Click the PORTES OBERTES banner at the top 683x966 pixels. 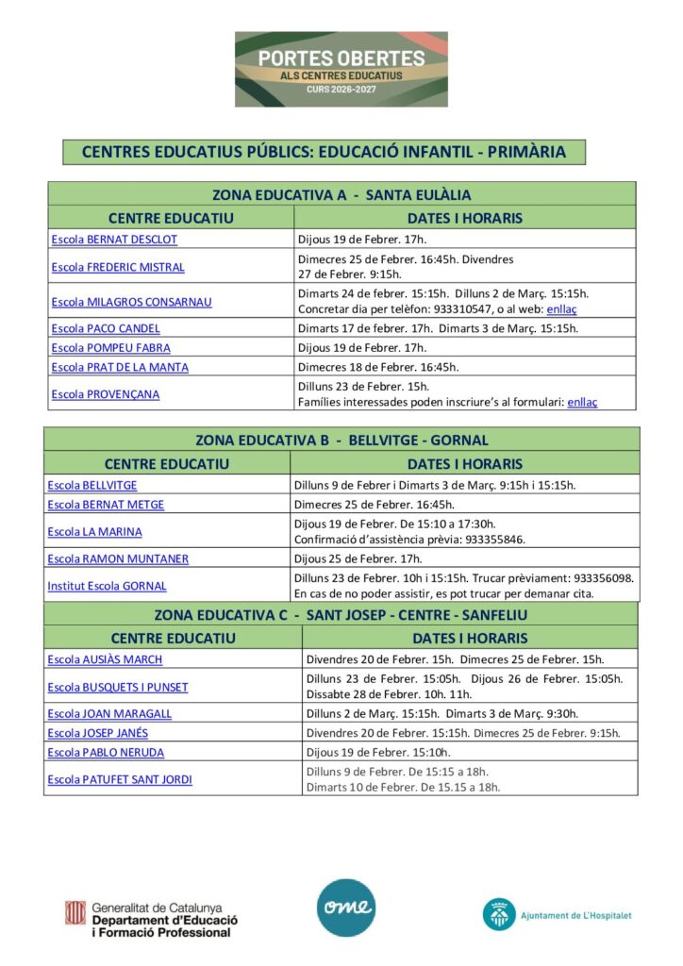(x=341, y=68)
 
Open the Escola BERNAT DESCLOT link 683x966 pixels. (x=114, y=240)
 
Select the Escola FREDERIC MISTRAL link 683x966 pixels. (x=118, y=267)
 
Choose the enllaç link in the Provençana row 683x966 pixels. (x=582, y=402)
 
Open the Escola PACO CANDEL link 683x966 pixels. (x=106, y=328)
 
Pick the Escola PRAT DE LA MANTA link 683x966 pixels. (x=120, y=367)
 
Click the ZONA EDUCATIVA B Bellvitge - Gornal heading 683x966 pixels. (x=341, y=440)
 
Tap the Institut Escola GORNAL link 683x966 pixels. (x=107, y=586)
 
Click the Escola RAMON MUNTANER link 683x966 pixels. (x=118, y=559)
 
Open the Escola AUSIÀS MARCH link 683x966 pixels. (x=105, y=659)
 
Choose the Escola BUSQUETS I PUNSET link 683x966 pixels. (x=118, y=687)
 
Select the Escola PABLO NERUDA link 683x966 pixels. (x=106, y=753)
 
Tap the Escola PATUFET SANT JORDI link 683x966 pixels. (x=120, y=779)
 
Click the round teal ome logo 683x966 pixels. (x=345, y=908)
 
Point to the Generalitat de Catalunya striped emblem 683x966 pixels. (x=75, y=913)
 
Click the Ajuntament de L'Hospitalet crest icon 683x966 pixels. (x=498, y=914)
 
